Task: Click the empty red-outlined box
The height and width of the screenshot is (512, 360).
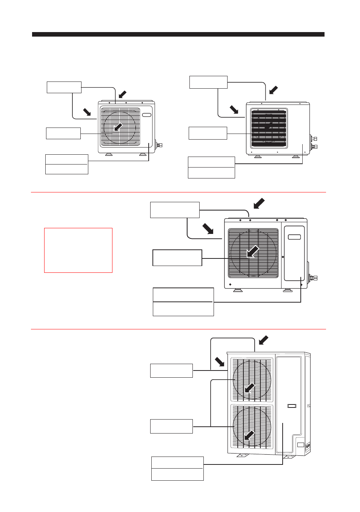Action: coord(78,250)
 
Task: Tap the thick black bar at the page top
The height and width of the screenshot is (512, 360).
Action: coord(178,34)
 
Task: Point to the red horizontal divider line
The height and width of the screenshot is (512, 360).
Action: coord(178,329)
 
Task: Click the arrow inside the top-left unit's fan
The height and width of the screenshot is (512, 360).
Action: coord(118,127)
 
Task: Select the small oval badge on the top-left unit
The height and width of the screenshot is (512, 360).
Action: coord(147,115)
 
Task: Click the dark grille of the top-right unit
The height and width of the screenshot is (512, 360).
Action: coord(269,128)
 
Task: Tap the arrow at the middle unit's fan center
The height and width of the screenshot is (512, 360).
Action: coord(252,251)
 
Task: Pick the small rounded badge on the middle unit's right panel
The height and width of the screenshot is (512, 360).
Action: coord(294,237)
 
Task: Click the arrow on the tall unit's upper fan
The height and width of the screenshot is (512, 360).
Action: coord(249,388)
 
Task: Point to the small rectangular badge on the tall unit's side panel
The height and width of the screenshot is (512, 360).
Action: coord(292,406)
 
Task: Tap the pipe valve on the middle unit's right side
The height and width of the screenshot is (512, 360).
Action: coord(313,278)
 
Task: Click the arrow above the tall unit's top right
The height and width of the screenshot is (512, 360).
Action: coord(264,340)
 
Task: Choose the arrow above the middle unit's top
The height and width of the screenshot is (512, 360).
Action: coord(259,203)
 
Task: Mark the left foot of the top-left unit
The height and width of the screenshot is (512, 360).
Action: coord(109,154)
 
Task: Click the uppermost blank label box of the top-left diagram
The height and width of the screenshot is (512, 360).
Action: coord(64,87)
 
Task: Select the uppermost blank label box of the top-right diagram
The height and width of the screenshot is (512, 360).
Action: coord(208,82)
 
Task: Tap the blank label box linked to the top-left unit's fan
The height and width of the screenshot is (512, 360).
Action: coord(63,133)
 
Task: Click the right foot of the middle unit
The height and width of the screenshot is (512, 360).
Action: coord(288,290)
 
